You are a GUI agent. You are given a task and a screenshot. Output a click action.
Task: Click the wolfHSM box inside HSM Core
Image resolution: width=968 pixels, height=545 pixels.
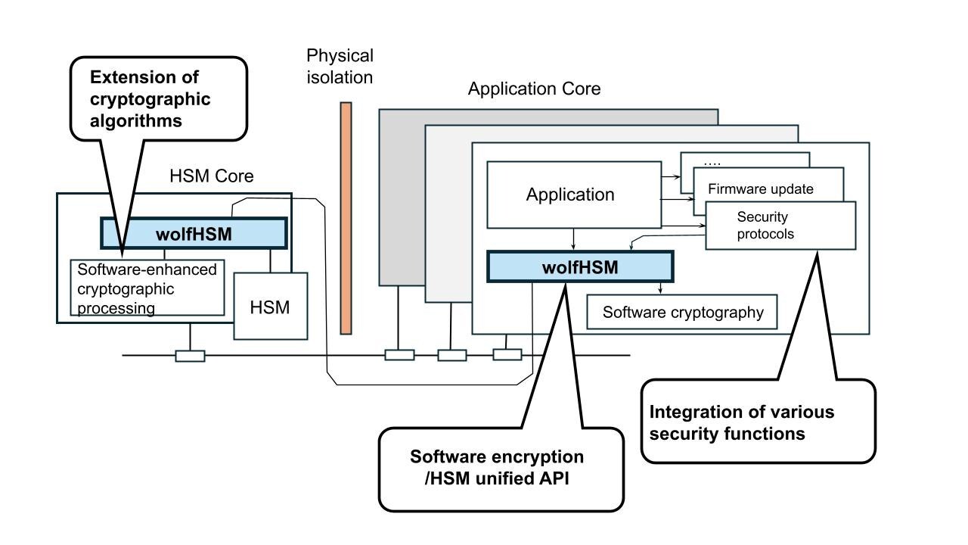point(194,234)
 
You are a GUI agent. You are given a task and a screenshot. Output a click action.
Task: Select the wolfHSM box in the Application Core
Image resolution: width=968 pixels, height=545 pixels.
point(580,267)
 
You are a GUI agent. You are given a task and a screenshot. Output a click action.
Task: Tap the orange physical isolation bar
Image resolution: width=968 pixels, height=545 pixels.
point(346,218)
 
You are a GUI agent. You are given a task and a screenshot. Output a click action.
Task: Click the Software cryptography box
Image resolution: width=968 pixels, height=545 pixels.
point(682,312)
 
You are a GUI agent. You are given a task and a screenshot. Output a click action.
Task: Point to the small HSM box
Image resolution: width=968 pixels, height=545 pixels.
point(271,307)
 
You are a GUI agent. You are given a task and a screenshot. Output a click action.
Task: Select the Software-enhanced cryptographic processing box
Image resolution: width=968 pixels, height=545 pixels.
point(147,288)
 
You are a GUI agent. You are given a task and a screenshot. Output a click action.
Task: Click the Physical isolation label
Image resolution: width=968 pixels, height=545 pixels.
point(340,67)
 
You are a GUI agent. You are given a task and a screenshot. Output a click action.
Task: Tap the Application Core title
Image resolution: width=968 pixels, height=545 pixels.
point(534,89)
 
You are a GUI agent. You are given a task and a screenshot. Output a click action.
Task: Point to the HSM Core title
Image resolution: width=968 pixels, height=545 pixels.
point(212,176)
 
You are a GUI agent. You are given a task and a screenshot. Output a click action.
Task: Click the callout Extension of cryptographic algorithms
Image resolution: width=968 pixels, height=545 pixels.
point(158,98)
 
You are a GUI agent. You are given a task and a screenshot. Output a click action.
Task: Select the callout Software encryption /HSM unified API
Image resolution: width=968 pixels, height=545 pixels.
point(501,468)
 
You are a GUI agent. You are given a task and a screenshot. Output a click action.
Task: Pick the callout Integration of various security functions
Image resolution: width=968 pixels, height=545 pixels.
point(758,422)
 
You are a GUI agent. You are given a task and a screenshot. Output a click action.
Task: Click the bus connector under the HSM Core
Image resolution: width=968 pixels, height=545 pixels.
point(190,356)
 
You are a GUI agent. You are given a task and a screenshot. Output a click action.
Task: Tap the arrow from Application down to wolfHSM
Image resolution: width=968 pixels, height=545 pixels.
point(574,239)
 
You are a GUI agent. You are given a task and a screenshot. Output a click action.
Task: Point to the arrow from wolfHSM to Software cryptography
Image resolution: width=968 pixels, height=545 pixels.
point(661,288)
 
